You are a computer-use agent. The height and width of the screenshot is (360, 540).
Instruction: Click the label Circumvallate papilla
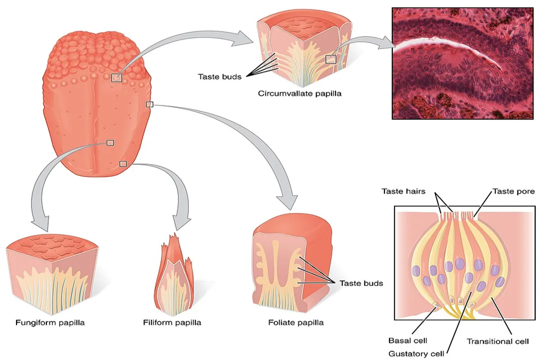coord(299,93)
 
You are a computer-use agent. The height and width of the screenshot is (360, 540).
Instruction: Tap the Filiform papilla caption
coord(172,322)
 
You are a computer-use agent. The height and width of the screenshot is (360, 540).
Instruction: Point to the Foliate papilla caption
coord(296,322)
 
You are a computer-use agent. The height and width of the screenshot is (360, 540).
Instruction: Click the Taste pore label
coord(513,191)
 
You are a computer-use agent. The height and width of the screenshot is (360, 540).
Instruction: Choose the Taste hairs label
coord(404,191)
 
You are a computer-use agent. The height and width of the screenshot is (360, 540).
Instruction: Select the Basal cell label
coord(407,340)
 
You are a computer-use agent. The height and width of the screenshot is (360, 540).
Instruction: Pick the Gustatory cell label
coord(416,353)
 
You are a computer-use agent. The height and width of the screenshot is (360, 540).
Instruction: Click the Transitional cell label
coord(497,341)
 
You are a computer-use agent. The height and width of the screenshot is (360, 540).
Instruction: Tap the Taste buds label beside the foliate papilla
coord(361,283)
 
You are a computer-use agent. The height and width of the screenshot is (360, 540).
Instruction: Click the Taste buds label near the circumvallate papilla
coord(219,76)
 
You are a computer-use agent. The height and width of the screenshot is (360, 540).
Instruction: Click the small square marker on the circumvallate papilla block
coord(331,59)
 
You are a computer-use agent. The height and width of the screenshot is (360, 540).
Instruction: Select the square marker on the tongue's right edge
coord(149,104)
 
